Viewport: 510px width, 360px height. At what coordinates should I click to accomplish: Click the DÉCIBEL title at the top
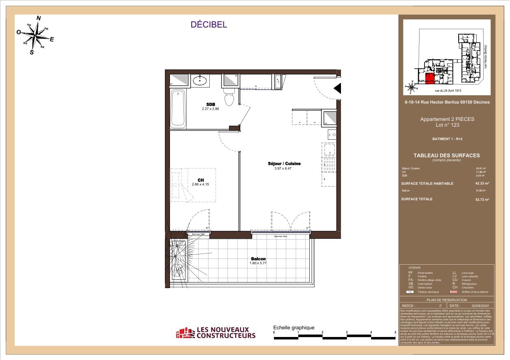tap(209, 25)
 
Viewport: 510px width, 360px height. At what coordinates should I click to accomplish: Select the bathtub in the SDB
tap(178, 108)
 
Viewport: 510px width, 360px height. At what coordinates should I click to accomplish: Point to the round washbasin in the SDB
tap(200, 80)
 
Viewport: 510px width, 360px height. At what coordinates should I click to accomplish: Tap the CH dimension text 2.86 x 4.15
tap(201, 184)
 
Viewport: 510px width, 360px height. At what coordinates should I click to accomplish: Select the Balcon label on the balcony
tap(258, 259)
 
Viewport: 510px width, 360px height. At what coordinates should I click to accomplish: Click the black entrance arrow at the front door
tap(337, 88)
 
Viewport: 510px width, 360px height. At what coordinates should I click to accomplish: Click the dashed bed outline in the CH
tap(193, 185)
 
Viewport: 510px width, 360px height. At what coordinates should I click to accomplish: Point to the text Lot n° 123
tap(447, 125)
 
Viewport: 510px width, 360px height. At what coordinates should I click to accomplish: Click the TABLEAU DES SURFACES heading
tap(446, 155)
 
